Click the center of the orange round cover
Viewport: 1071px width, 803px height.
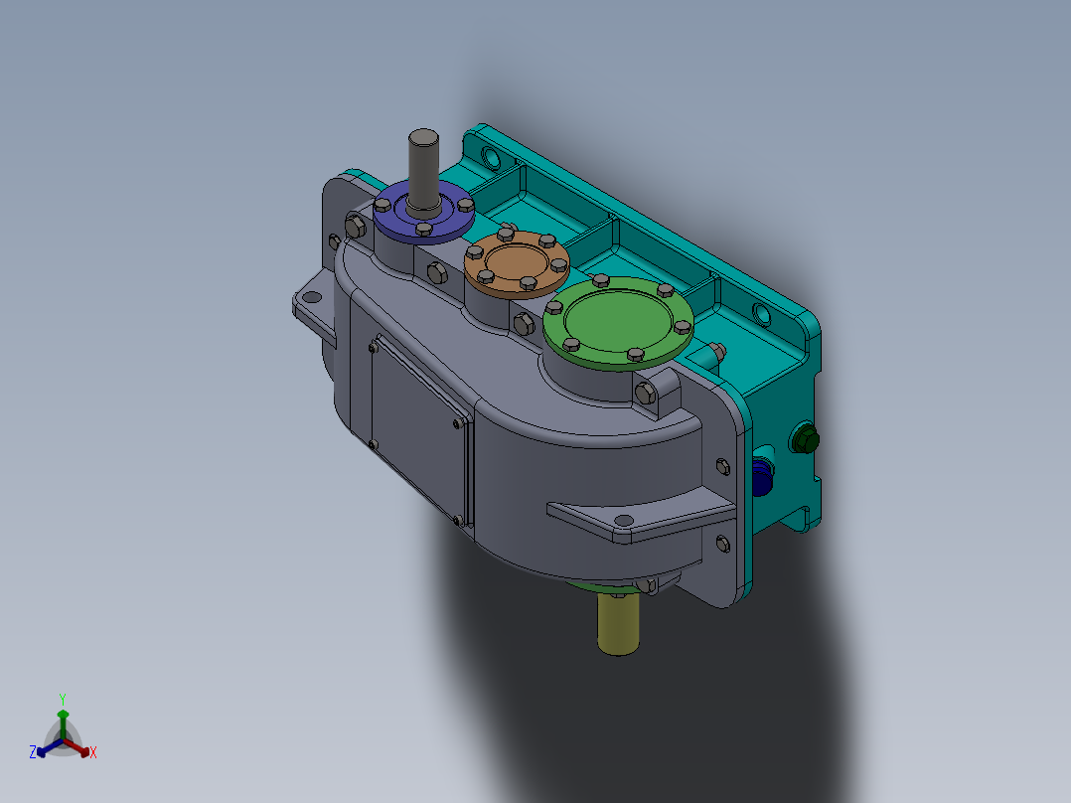point(515,265)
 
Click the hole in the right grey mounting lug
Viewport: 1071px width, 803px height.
point(623,521)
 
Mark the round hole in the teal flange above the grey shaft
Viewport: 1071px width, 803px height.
point(491,157)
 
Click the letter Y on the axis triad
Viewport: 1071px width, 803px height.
point(63,698)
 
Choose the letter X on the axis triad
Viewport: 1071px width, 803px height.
point(93,753)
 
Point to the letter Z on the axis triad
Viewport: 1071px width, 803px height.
point(33,753)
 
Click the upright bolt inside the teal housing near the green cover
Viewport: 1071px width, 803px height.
point(713,351)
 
